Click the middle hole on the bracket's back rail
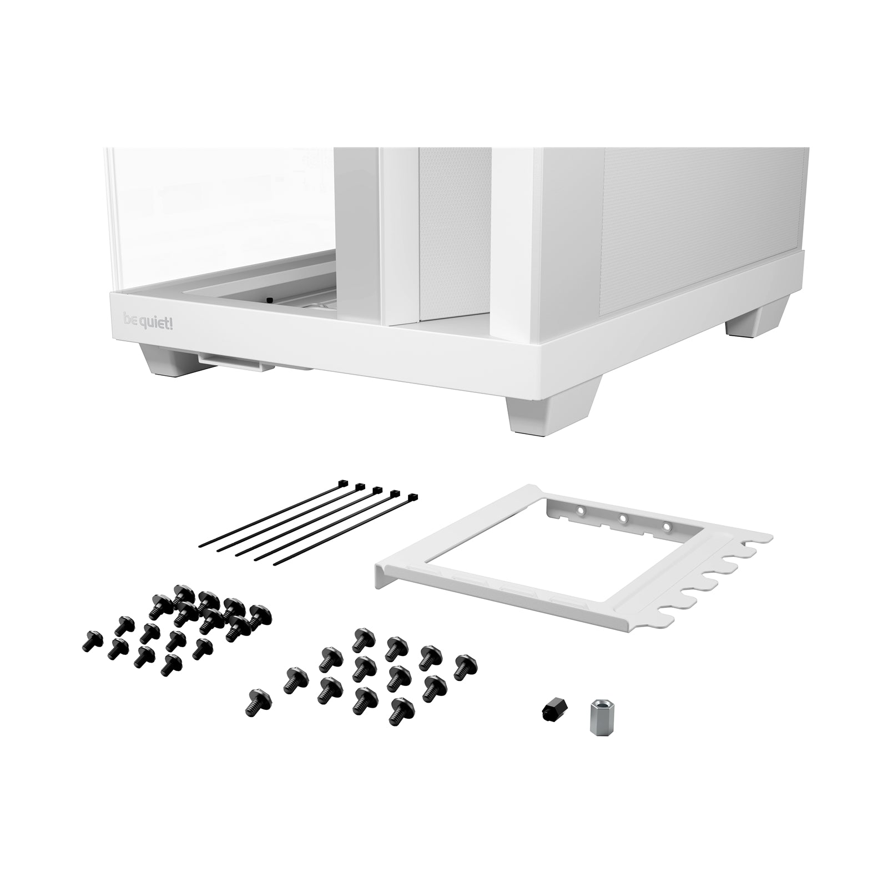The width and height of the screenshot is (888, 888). [x=623, y=519]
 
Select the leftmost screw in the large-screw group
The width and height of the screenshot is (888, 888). [x=258, y=700]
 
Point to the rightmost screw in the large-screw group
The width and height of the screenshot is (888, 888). [x=465, y=667]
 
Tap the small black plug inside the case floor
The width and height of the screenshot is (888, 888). [x=270, y=300]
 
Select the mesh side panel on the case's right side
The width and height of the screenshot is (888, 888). [x=699, y=205]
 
